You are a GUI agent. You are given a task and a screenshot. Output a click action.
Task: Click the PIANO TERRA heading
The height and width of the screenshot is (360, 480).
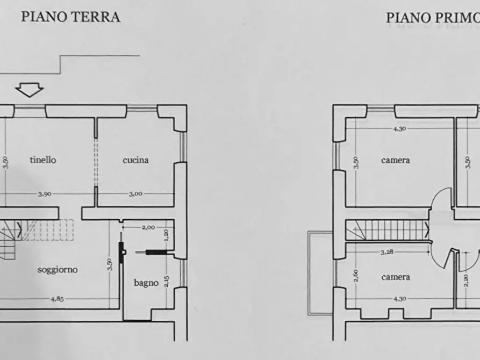pyautogui.click(x=70, y=17)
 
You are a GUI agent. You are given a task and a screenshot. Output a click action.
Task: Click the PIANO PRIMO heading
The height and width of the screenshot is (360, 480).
pyautogui.click(x=432, y=18)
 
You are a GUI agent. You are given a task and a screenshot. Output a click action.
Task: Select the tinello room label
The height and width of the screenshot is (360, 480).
pyautogui.click(x=43, y=160)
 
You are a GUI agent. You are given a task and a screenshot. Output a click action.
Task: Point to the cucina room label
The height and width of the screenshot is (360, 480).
pyautogui.click(x=135, y=160)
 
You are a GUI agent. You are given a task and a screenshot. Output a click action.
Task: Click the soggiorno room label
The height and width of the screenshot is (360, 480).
pyautogui.click(x=58, y=269)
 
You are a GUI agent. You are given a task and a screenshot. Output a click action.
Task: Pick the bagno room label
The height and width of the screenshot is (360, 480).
pyautogui.click(x=146, y=282)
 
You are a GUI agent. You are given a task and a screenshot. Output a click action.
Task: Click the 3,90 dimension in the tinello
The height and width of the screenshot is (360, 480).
pyautogui.click(x=45, y=194)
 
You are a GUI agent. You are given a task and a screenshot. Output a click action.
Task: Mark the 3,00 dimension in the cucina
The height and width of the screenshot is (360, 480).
pyautogui.click(x=135, y=194)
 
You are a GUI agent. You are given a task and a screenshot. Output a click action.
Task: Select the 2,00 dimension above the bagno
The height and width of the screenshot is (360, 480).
pyautogui.click(x=148, y=227)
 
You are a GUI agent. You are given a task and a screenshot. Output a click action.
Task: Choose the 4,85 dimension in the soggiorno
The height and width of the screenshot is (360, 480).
pyautogui.click(x=56, y=299)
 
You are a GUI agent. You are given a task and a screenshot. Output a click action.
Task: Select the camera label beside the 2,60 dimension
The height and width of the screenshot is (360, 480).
pyautogui.click(x=396, y=277)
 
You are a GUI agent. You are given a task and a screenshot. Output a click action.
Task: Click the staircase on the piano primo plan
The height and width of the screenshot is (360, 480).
pyautogui.click(x=386, y=231)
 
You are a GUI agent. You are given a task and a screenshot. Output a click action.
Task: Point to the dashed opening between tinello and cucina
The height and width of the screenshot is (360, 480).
pyautogui.click(x=96, y=161)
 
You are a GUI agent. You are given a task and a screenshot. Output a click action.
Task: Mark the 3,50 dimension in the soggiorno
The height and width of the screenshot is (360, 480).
pyautogui.click(x=109, y=264)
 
